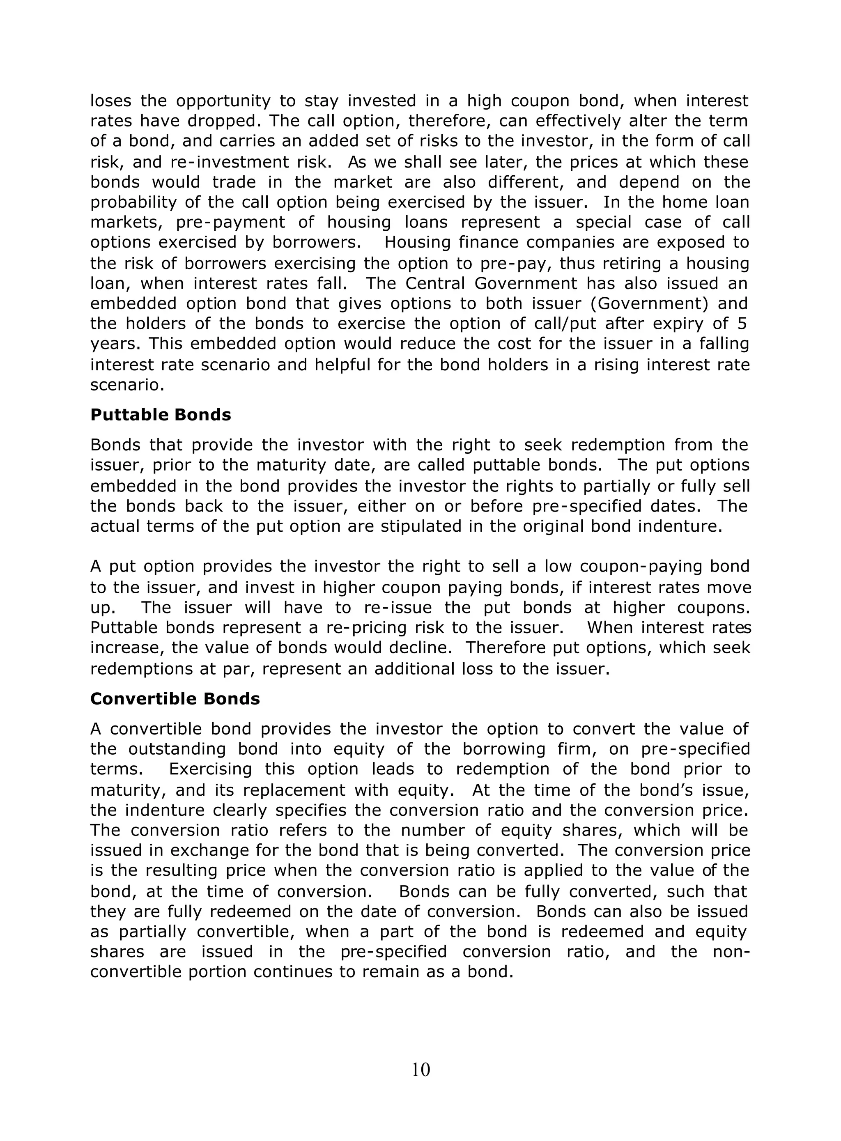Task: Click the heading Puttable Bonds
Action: click(161, 415)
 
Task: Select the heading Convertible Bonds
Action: click(175, 699)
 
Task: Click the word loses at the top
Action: click(110, 101)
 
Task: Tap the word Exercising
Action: click(210, 769)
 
